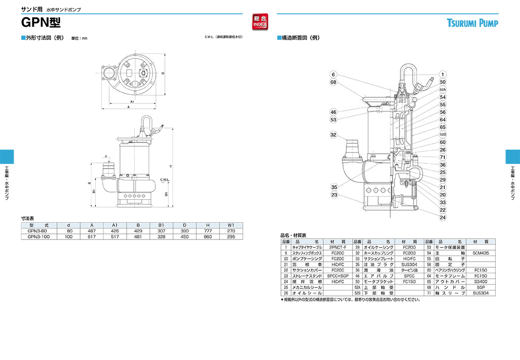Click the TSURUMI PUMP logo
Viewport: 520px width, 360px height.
click(472, 23)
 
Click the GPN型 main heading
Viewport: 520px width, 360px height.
click(41, 23)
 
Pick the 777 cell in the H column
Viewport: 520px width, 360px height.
click(207, 231)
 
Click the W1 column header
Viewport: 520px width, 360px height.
click(230, 225)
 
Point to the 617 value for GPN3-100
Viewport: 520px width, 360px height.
click(92, 236)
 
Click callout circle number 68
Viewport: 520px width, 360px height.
click(333, 82)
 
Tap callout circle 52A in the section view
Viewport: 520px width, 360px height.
click(442, 89)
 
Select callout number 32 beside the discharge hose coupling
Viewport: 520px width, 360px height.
click(333, 135)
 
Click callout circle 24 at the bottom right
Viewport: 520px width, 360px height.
click(442, 218)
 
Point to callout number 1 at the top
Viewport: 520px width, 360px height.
click(442, 74)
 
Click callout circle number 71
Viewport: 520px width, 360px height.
click(442, 157)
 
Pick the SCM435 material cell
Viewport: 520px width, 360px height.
click(481, 253)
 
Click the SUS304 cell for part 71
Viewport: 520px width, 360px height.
click(481, 293)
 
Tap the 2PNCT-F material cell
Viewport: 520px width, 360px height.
click(337, 248)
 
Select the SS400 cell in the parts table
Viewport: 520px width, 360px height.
click(481, 281)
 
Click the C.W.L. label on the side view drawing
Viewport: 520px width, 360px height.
click(164, 179)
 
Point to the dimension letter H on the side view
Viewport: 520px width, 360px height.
click(171, 166)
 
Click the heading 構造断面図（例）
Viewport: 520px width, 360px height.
click(300, 38)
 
